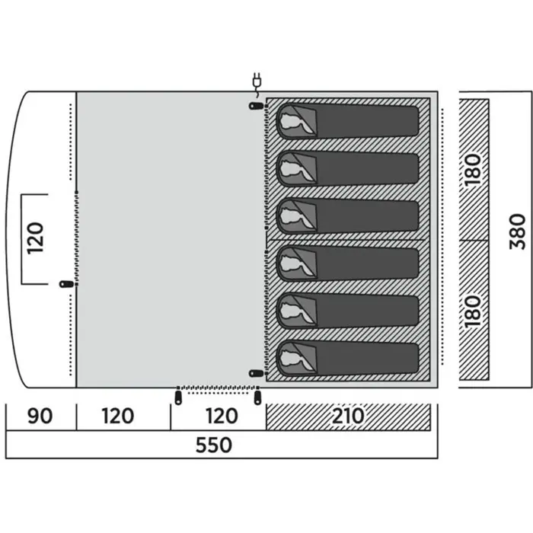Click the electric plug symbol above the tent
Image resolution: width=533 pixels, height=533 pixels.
pyautogui.click(x=257, y=84)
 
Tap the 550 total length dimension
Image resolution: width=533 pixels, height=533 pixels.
pyautogui.click(x=214, y=445)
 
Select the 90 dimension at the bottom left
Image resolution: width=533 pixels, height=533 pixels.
pyautogui.click(x=40, y=416)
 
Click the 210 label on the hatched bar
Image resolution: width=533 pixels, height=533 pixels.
pyautogui.click(x=348, y=416)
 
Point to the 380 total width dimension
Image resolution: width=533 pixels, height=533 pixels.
pyautogui.click(x=517, y=231)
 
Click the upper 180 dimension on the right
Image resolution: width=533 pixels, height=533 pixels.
pyautogui.click(x=473, y=170)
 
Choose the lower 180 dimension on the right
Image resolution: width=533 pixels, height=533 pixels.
pyautogui.click(x=473, y=311)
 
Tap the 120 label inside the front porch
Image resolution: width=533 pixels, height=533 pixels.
pyautogui.click(x=35, y=238)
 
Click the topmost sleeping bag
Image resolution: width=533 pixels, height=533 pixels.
pyautogui.click(x=347, y=120)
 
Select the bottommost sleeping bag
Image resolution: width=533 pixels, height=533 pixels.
pyautogui.click(x=347, y=359)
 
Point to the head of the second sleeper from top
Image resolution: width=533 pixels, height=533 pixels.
pyautogui.click(x=291, y=169)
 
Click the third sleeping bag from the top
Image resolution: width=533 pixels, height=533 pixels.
pyautogui.click(x=347, y=215)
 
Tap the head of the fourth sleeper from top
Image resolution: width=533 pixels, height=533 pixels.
pyautogui.click(x=291, y=263)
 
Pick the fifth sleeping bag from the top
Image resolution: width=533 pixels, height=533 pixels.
pyautogui.click(x=347, y=311)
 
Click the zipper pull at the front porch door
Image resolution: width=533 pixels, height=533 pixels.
pyautogui.click(x=67, y=284)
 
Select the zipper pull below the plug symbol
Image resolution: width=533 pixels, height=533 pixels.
pyautogui.click(x=257, y=106)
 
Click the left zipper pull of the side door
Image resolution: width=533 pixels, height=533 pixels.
pyautogui.click(x=178, y=397)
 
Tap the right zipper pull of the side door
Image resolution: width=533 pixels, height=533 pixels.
pyautogui.click(x=257, y=397)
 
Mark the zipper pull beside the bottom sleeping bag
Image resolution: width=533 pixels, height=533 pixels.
pyautogui.click(x=257, y=373)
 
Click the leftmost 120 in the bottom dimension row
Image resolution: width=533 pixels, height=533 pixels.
pyautogui.click(x=118, y=416)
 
